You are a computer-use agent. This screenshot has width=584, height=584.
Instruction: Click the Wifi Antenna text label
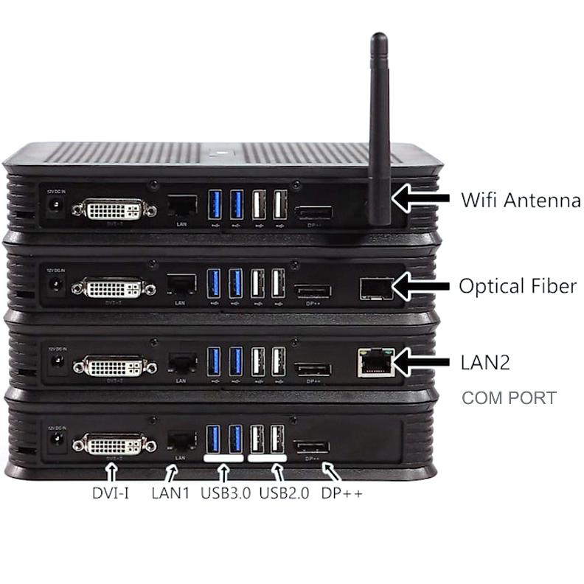[x=520, y=199]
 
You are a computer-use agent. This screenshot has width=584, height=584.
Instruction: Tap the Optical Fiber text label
[x=517, y=286]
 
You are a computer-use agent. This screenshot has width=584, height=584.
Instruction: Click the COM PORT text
[x=509, y=398]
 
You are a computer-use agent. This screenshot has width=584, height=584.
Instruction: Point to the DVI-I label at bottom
[x=111, y=493]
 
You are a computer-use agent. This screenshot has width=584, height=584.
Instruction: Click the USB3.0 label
[x=227, y=493]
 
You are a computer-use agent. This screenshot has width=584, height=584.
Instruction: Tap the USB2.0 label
[x=284, y=493]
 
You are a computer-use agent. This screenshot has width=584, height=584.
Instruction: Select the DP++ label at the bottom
[x=341, y=493]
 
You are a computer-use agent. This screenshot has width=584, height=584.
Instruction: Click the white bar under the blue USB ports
[x=224, y=458]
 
